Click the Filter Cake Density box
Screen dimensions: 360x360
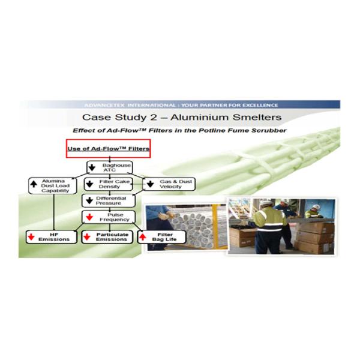pyautogui.click(x=110, y=184)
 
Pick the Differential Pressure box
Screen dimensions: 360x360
pyautogui.click(x=109, y=201)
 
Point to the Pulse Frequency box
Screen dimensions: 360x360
pyautogui.click(x=109, y=217)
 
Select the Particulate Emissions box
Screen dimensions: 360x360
pyautogui.click(x=108, y=236)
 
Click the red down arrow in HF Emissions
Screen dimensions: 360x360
pyautogui.click(x=29, y=236)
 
